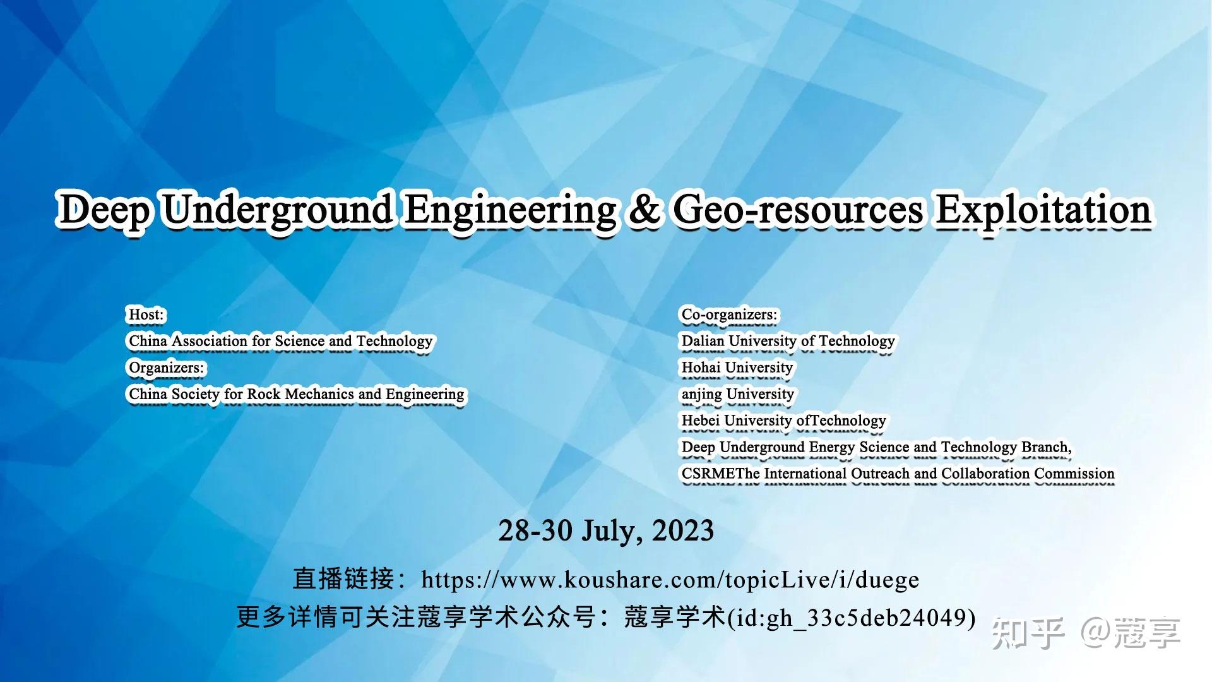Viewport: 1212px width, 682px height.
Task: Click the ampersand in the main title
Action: point(644,210)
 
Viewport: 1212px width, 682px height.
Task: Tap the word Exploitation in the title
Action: point(1043,210)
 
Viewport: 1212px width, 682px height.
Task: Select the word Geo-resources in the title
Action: point(798,210)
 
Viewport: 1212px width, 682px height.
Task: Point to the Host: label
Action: point(146,314)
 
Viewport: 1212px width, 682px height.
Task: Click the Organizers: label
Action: point(167,368)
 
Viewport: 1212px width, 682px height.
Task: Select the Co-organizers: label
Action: point(729,314)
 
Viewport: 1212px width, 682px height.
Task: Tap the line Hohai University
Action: point(737,368)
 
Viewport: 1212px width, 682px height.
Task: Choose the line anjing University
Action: point(737,394)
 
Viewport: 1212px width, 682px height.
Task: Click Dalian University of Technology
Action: point(788,341)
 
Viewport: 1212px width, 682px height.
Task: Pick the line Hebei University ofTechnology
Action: point(783,421)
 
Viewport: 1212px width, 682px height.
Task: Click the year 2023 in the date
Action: point(682,530)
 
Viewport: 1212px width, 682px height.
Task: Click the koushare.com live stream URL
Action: point(670,580)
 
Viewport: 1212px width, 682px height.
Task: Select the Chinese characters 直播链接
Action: point(343,579)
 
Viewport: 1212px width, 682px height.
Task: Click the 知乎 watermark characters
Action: point(1027,633)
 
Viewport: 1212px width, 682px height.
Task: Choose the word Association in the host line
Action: point(210,341)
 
